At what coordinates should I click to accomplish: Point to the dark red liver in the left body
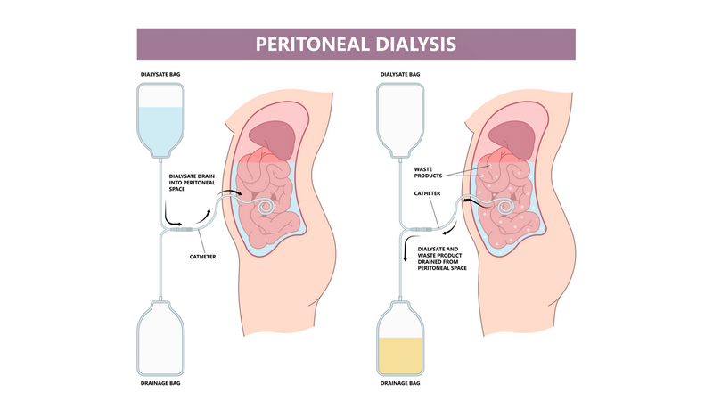272,137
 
